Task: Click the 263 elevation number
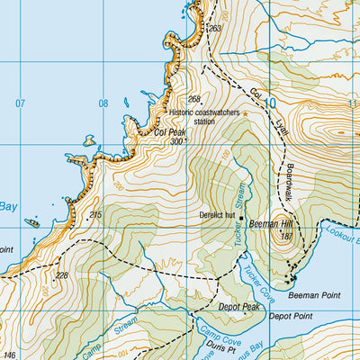point(213,29)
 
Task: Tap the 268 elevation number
point(193,99)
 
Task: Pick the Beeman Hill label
point(274,222)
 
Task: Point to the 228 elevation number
point(61,275)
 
